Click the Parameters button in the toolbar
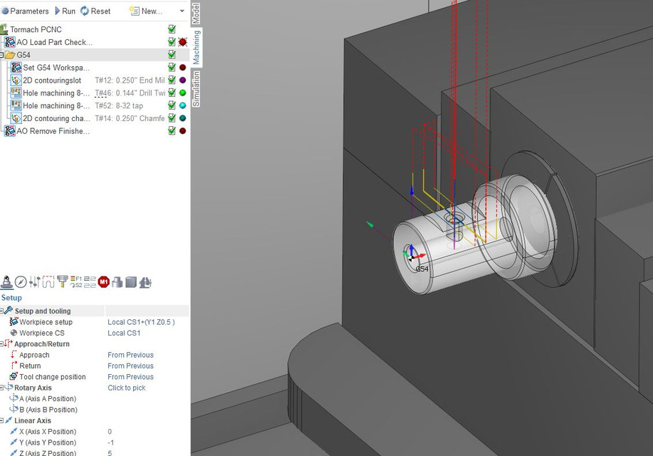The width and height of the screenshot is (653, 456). click(x=26, y=11)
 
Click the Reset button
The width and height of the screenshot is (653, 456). click(x=95, y=11)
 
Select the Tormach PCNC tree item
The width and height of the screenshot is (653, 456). click(x=36, y=29)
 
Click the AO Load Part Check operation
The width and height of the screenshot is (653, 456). click(x=54, y=42)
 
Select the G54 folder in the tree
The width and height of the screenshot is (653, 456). click(x=23, y=55)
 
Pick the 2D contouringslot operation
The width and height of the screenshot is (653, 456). click(x=52, y=81)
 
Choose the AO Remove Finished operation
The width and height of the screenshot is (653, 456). click(x=53, y=131)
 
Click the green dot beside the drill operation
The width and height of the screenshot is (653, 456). click(x=182, y=93)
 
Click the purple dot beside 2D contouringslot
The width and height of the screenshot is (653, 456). click(x=182, y=81)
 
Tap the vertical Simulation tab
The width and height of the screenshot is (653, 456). click(x=197, y=89)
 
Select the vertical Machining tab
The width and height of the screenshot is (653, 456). click(x=197, y=48)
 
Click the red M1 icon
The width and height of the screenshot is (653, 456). click(x=103, y=282)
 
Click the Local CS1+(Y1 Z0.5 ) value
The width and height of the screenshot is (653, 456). click(x=140, y=322)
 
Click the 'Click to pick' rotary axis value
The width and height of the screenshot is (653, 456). click(x=126, y=388)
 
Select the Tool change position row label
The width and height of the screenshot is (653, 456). click(x=52, y=377)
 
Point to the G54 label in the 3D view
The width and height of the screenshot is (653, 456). click(x=422, y=269)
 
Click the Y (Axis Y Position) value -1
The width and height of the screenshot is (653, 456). click(x=110, y=442)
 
